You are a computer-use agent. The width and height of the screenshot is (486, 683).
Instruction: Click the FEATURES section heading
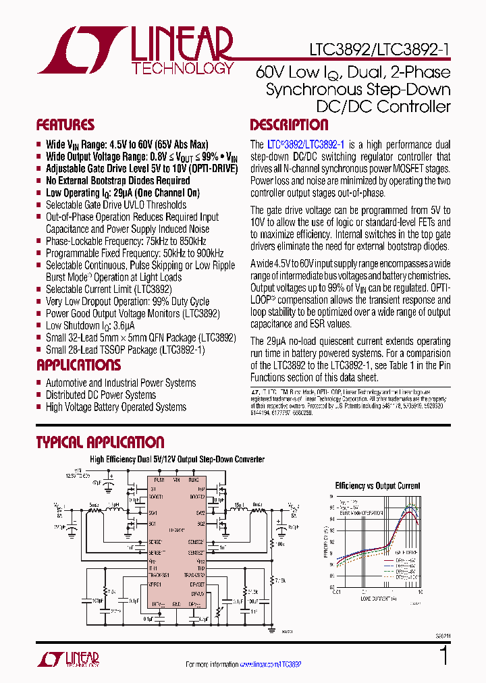pos(65,125)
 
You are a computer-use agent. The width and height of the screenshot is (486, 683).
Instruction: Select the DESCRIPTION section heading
pos(289,125)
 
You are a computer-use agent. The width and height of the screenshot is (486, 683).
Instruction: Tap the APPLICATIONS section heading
pos(78,365)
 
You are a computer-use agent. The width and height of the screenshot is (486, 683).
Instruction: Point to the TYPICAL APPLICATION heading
pos(100,443)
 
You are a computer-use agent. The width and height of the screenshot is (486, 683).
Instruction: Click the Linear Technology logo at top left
pos(135,51)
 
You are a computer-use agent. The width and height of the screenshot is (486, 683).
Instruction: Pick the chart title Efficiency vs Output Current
pos(377,486)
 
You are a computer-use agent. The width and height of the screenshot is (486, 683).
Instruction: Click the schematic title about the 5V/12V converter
pos(177,460)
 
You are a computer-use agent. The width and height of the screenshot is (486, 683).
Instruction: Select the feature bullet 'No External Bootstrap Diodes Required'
pos(117,181)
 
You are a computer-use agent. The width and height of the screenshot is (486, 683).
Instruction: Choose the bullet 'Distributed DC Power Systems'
pos(101,395)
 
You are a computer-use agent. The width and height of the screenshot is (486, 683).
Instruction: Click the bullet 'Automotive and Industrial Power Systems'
pos(120,383)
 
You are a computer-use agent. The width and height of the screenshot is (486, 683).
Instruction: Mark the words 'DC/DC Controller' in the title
pos(383,107)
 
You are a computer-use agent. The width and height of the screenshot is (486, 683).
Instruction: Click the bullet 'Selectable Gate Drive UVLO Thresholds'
pos(115,205)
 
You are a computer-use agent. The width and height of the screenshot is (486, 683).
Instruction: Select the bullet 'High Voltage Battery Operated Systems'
pos(115,407)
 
